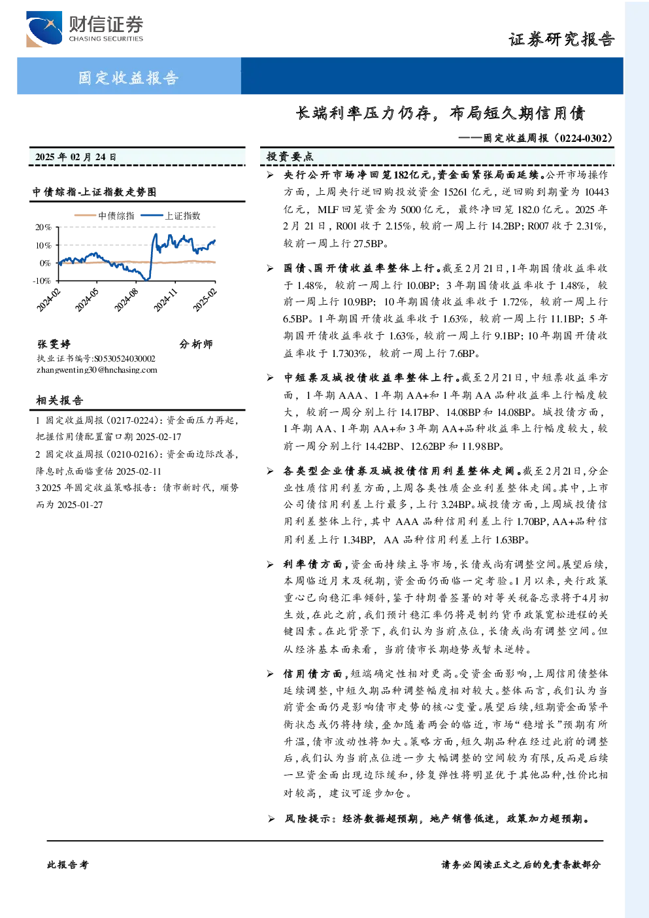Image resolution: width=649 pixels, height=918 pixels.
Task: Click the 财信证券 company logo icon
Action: (44, 29)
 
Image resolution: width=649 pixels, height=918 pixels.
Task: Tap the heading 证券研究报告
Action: (561, 39)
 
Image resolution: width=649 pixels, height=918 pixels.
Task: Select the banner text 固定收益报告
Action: (129, 77)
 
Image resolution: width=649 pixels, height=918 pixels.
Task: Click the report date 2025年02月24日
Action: (76, 157)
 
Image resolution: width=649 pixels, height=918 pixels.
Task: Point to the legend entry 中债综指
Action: (105, 216)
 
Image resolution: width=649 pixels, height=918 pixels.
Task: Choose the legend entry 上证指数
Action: (171, 216)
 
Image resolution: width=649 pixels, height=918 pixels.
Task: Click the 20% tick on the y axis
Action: (43, 227)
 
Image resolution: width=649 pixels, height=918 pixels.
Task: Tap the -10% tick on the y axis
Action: (42, 280)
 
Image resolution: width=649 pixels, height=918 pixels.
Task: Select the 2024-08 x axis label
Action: (126, 299)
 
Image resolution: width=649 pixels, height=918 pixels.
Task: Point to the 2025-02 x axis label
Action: (205, 299)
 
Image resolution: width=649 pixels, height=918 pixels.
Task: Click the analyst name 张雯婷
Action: (54, 344)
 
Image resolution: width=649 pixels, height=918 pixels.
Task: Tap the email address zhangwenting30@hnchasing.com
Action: (97, 370)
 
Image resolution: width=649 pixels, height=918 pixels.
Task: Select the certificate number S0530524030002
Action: (125, 358)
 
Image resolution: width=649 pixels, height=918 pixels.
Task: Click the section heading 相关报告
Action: (60, 400)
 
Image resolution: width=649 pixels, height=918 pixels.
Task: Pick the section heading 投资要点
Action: (290, 156)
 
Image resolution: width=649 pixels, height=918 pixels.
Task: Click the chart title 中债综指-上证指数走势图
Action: (95, 192)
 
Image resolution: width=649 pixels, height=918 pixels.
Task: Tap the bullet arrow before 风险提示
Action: (271, 819)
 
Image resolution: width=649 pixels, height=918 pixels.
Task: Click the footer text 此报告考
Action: (67, 865)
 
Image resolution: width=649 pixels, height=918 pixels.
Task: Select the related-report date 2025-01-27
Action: (80, 505)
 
